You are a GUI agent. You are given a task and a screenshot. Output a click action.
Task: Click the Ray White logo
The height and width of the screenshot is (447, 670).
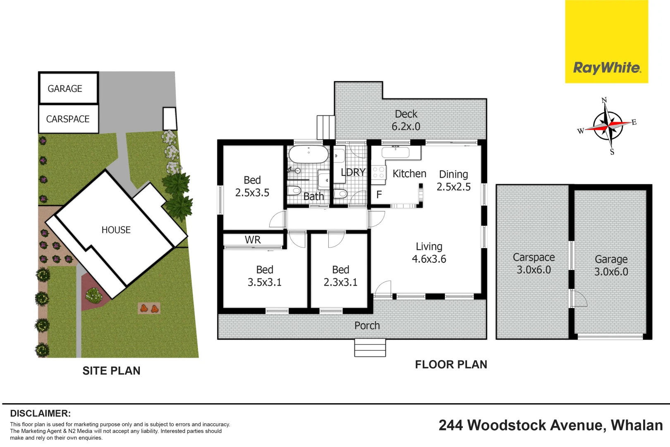[606, 68]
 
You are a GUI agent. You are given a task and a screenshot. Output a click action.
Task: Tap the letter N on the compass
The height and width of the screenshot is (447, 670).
[604, 100]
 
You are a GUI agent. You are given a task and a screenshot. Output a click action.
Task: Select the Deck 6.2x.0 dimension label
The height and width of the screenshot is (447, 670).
[406, 120]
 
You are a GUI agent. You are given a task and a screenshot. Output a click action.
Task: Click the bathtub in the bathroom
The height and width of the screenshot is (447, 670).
[308, 154]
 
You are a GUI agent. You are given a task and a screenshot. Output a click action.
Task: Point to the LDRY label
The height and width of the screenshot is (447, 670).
[353, 172]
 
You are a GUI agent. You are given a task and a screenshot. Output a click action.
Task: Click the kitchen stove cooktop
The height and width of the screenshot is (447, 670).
[378, 173]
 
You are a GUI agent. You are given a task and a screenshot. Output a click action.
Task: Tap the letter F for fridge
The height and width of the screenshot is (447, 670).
[379, 195]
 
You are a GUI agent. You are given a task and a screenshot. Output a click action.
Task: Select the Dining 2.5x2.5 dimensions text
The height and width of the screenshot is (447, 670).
[453, 180]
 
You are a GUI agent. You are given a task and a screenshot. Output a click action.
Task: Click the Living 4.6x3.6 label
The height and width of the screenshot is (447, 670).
[429, 253]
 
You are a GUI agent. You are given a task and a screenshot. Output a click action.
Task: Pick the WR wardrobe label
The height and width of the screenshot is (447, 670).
[253, 240]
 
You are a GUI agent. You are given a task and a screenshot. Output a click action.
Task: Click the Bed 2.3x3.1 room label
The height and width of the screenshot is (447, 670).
[340, 276]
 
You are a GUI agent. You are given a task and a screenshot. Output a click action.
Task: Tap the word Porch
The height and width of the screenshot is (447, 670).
[367, 326]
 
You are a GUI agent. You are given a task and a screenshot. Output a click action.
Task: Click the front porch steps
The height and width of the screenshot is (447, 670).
[370, 348]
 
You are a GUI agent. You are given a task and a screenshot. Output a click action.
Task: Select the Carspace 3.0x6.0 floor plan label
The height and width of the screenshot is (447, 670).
[534, 264]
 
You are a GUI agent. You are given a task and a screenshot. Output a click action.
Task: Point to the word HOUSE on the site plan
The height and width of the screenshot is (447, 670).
[116, 230]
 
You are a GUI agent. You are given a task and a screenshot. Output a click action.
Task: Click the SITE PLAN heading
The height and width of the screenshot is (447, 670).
[111, 371]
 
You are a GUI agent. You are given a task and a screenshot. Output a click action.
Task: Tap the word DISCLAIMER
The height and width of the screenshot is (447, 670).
[40, 413]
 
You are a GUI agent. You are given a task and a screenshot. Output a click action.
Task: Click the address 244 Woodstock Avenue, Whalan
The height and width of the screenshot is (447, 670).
[550, 425]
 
